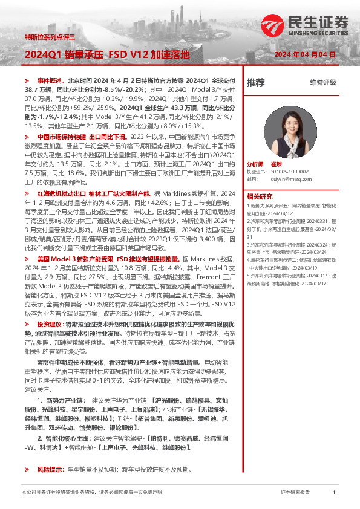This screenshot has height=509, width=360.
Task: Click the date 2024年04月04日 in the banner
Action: pyautogui.click(x=306, y=55)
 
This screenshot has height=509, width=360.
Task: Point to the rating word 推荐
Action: pyautogui.click(x=256, y=82)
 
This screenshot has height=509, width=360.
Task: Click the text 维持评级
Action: pyautogui.click(x=322, y=82)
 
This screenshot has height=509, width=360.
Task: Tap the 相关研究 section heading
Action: pyautogui.click(x=260, y=196)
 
